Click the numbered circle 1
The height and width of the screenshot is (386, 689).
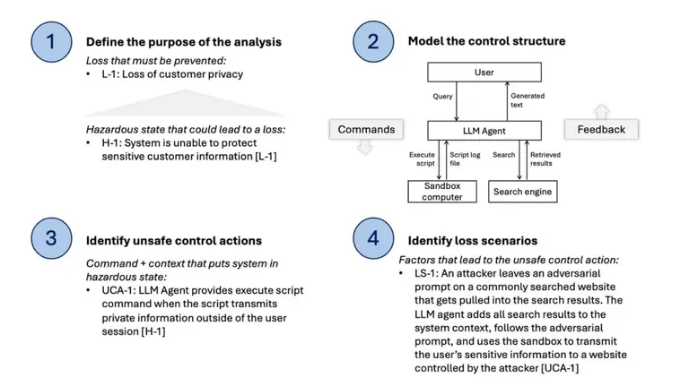tap(51, 41)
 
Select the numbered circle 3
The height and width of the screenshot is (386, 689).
tap(51, 239)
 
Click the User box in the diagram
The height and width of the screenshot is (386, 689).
tap(484, 72)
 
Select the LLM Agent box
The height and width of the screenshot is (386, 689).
tap(484, 131)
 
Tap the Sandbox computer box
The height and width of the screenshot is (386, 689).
tap(442, 191)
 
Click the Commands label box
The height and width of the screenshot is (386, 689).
tap(366, 130)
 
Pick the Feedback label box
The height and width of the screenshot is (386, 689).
tap(601, 130)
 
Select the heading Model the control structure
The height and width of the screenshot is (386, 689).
tap(486, 41)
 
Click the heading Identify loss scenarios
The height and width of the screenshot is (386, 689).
tap(473, 240)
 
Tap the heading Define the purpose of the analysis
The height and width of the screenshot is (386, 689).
tap(183, 41)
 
